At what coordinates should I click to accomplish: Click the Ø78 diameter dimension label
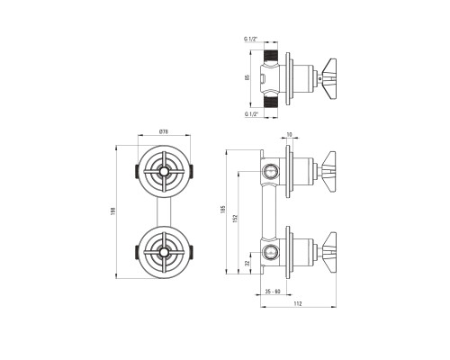click(164, 131)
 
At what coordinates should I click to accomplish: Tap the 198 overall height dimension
click(113, 211)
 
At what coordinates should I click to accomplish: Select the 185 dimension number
click(222, 209)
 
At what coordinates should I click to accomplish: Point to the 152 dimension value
click(235, 218)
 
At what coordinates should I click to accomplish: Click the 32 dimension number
click(247, 263)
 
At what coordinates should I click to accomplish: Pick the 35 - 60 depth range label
click(273, 291)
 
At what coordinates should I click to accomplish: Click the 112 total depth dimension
click(298, 303)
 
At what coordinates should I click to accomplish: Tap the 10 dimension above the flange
click(289, 135)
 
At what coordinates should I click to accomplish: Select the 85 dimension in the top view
click(247, 77)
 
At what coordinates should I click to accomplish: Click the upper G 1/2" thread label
click(251, 39)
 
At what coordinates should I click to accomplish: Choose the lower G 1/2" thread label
click(251, 114)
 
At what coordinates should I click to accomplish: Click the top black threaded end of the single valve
click(271, 56)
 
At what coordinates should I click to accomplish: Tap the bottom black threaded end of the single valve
click(271, 101)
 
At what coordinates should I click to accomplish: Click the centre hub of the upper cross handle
click(164, 172)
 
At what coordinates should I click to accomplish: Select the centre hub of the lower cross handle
click(164, 253)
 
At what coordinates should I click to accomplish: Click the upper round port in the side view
click(270, 171)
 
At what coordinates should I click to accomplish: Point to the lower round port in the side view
click(270, 251)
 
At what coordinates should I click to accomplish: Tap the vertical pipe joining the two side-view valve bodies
click(269, 211)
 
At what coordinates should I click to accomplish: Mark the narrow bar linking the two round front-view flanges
click(164, 212)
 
